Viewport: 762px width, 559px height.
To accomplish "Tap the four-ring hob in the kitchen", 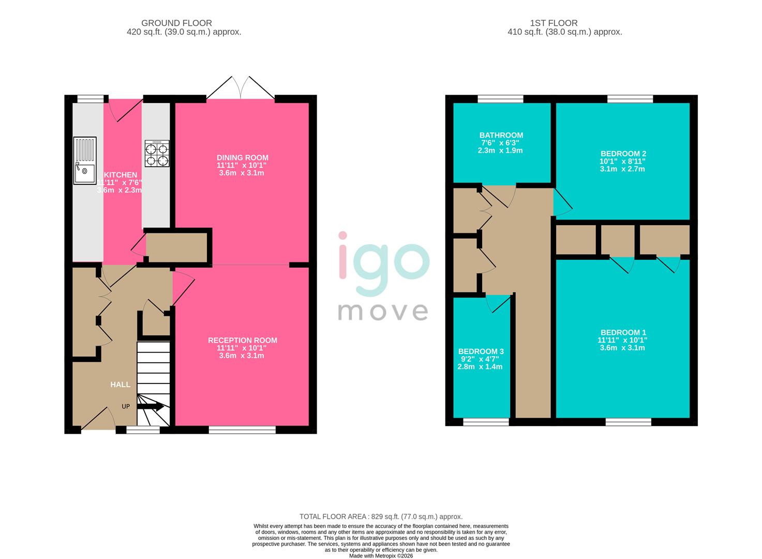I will [157, 154].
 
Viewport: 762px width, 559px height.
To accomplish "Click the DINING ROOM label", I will [242, 158].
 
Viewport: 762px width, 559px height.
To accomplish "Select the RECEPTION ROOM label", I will [242, 340].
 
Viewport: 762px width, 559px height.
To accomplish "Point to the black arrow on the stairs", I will [151, 407].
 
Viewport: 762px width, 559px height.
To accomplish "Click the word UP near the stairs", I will [126, 406].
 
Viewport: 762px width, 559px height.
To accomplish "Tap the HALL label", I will [120, 385].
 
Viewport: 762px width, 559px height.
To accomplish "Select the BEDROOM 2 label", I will [623, 154].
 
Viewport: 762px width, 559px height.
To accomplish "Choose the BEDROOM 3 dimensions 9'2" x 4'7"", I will [480, 359].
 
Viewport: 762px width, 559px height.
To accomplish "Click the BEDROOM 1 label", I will [623, 333].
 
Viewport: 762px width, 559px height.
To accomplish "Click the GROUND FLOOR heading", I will [176, 23].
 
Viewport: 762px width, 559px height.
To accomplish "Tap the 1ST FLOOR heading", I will [554, 23].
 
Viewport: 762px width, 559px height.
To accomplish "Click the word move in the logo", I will [383, 312].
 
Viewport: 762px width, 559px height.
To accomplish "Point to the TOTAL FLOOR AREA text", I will [381, 517].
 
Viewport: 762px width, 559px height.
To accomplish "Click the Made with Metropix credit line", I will [381, 556].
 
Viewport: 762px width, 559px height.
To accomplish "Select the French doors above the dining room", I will [241, 89].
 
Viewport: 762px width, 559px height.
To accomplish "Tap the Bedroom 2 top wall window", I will [630, 98].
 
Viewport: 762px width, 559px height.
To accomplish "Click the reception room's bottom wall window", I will [242, 429].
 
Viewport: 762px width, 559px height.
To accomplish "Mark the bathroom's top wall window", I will [500, 98].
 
